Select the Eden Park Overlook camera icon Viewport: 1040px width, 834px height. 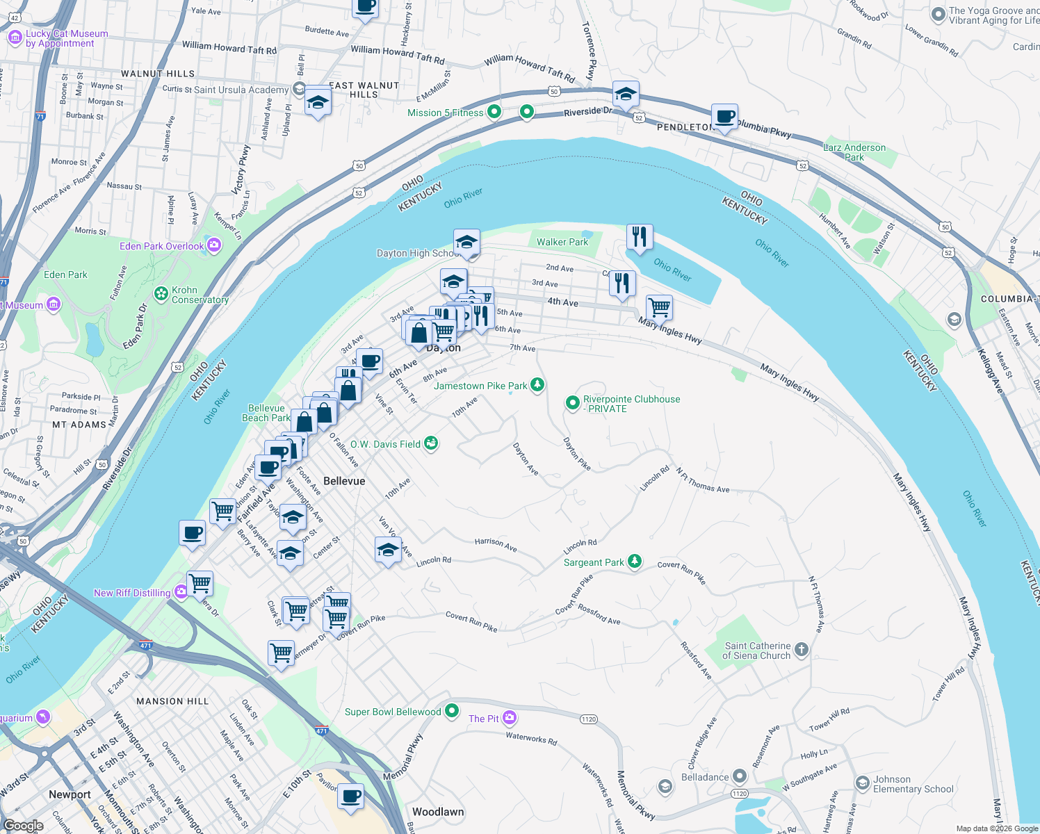(x=214, y=245)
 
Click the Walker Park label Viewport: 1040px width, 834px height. (x=562, y=242)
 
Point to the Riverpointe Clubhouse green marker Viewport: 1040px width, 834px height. (x=572, y=402)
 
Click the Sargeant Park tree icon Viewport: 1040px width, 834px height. (x=634, y=561)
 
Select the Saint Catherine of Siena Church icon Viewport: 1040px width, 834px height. (x=801, y=650)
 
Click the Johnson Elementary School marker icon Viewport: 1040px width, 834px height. (x=862, y=783)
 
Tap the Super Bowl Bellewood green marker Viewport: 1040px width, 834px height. (x=452, y=710)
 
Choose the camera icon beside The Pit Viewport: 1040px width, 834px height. (x=510, y=717)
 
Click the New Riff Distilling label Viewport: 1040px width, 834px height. (x=132, y=593)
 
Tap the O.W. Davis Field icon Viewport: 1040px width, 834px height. (x=431, y=443)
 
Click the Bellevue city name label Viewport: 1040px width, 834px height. (x=344, y=481)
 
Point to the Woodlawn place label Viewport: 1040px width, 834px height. (x=438, y=812)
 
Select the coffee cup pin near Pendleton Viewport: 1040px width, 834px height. (x=724, y=117)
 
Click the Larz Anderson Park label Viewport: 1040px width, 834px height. (x=854, y=152)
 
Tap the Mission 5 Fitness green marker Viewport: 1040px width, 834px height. (x=494, y=111)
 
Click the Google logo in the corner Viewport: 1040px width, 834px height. (x=24, y=826)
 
